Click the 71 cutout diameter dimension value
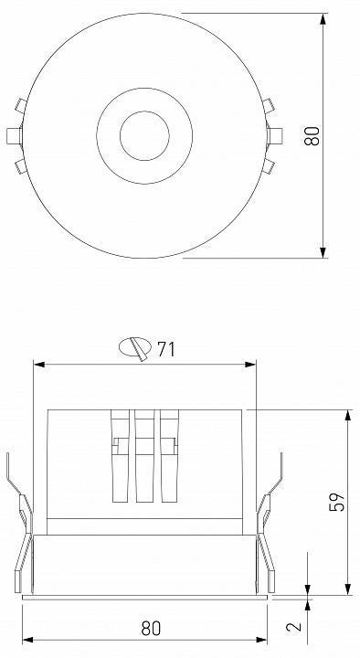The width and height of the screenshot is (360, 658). tap(166, 348)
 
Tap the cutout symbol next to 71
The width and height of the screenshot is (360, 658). tap(135, 347)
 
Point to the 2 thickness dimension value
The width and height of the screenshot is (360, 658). tap(292, 627)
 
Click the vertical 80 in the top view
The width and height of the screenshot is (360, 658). tap(312, 135)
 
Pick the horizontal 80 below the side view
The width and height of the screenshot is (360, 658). tap(151, 628)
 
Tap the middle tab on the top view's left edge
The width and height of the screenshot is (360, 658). tap(13, 135)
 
